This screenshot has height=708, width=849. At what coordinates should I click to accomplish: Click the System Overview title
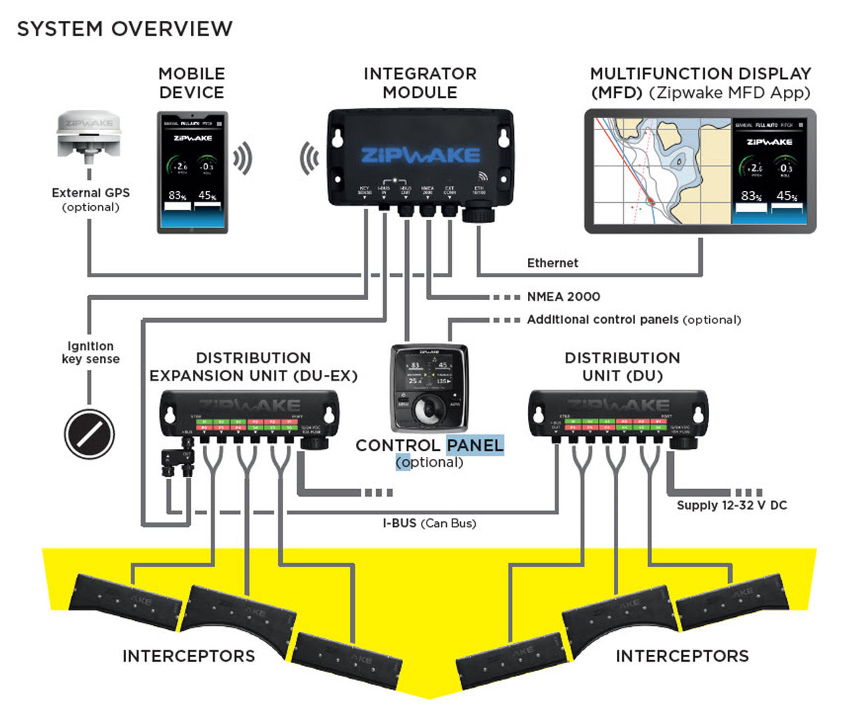pos(124,29)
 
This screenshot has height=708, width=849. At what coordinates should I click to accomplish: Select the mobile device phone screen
pos(192,171)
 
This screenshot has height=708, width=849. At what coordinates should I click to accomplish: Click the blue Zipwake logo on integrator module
pos(420,155)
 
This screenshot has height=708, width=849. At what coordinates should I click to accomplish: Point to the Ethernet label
pos(552,263)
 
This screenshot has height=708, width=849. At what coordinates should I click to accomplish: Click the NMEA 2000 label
pos(563,297)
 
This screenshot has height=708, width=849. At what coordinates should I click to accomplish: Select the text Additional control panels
pos(602,320)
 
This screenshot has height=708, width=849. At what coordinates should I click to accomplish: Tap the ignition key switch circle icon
pos(89,433)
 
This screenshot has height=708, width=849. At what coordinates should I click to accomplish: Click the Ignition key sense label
pos(91,353)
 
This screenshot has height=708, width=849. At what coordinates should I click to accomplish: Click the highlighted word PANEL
pos(475,445)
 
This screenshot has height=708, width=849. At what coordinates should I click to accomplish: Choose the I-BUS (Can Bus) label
pos(429,523)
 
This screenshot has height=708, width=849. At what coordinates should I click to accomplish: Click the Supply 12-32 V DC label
pos(732,505)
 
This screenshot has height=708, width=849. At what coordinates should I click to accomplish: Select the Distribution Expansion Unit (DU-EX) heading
pos(253,367)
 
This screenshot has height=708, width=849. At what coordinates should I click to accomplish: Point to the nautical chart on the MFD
pos(661,171)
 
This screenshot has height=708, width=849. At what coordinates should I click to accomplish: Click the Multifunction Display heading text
pos(700,83)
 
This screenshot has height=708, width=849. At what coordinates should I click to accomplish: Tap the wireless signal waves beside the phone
pos(242,160)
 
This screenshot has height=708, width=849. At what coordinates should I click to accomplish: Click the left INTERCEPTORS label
pos(188,656)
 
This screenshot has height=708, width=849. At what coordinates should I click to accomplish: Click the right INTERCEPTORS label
pos(681,656)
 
